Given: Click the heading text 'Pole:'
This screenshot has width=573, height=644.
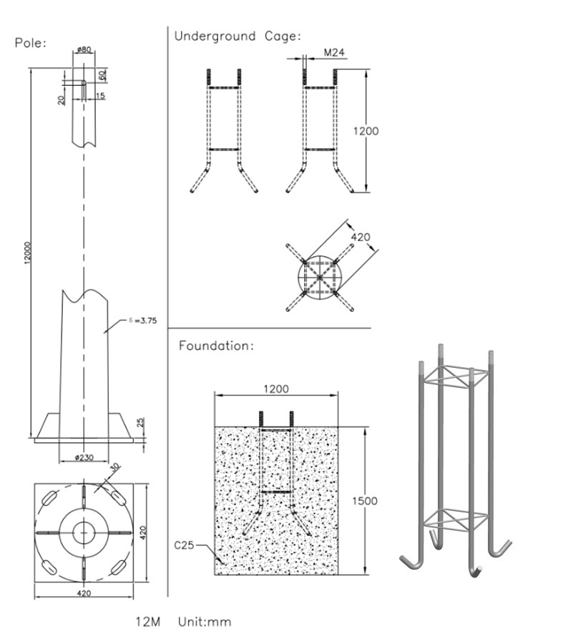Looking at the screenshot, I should (31, 43).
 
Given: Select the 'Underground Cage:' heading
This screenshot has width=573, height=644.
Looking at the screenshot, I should (237, 36).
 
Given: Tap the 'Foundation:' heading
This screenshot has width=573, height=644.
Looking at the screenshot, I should (216, 346).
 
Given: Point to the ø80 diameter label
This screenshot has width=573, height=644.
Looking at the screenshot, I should (83, 50).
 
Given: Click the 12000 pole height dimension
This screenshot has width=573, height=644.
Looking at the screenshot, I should (26, 251).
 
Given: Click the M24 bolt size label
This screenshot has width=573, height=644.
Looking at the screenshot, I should (334, 53).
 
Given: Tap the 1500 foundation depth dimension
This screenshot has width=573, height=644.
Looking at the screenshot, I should (364, 501).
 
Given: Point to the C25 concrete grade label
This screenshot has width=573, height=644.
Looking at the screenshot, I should (185, 545).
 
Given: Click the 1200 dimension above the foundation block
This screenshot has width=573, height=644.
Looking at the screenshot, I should (276, 389).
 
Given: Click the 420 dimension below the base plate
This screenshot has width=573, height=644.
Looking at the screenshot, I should (83, 592).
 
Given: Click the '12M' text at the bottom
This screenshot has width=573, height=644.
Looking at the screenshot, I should (147, 622).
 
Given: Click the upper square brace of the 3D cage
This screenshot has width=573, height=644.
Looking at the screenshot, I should (454, 375).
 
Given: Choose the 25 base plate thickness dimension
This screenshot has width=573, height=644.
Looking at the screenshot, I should (140, 423).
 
